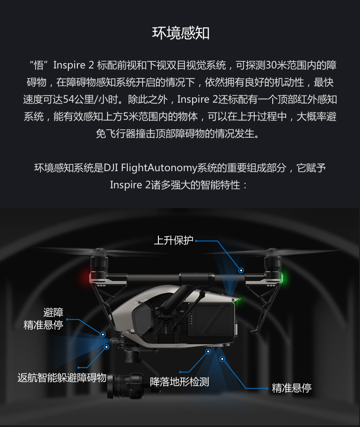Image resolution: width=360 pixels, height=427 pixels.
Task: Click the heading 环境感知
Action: [181, 33]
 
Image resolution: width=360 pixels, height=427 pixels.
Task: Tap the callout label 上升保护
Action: [174, 241]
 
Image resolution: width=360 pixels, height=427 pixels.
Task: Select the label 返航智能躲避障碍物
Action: [62, 378]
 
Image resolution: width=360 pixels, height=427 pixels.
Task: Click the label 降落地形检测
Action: [180, 382]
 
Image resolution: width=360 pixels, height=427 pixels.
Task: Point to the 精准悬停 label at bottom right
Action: [292, 388]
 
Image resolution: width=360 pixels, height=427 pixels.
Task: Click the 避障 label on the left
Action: [54, 312]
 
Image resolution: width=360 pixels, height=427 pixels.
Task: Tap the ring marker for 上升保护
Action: [241, 270]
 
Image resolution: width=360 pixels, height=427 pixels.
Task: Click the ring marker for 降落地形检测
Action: [208, 351]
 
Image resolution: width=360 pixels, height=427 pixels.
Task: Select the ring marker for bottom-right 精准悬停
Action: [222, 359]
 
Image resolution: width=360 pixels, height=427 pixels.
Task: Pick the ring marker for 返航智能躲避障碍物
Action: [106, 347]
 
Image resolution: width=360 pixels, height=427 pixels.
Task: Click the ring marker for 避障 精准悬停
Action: [103, 334]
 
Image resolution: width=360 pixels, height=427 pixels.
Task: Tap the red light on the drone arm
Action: [90, 278]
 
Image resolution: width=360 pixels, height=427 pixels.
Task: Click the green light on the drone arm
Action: [282, 278]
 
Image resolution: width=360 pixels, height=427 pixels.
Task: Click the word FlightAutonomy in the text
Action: [159, 168]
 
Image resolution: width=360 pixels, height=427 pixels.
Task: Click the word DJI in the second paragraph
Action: [111, 168]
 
